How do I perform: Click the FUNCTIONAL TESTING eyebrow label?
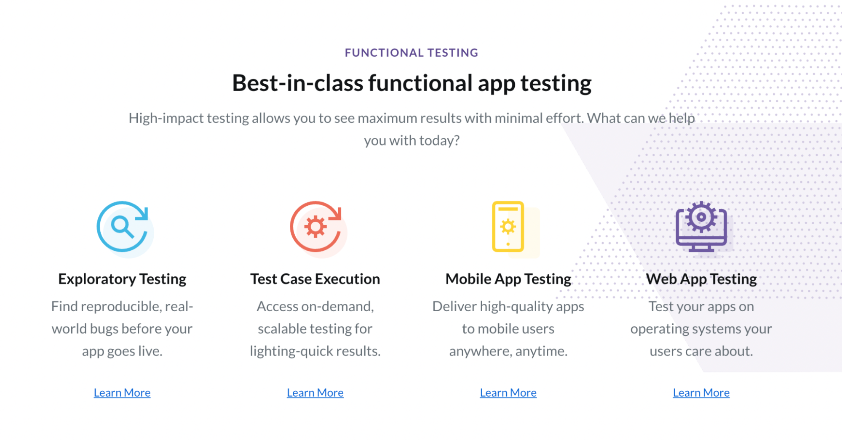[x=412, y=53]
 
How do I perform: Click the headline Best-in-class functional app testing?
[x=412, y=83]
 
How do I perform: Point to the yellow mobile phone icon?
[x=508, y=227]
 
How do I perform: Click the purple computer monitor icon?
[x=701, y=227]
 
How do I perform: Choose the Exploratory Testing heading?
[x=122, y=279]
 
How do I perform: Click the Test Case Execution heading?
[x=315, y=279]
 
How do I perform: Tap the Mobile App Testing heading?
[x=508, y=279]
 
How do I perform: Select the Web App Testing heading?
[x=701, y=279]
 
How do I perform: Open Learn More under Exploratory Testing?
[x=122, y=392]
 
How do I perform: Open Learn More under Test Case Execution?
[x=315, y=392]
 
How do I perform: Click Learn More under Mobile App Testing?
[x=508, y=392]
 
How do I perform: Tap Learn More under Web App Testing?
[x=701, y=392]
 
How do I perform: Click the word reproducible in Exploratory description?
[x=120, y=307]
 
